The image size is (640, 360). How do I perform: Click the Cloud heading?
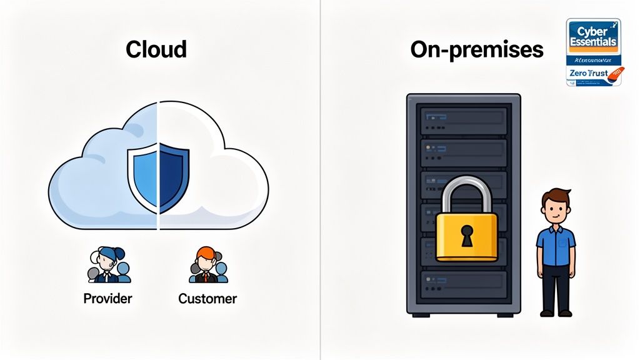click(156, 49)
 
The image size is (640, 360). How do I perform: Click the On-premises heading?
click(476, 49)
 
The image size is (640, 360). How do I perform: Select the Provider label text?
click(107, 298)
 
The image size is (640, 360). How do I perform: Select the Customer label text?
click(207, 298)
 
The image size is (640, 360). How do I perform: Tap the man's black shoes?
click(556, 312)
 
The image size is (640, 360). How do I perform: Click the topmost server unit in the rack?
click(463, 117)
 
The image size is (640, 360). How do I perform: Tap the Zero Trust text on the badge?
click(588, 73)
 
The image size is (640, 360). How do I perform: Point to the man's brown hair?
click(556, 196)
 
